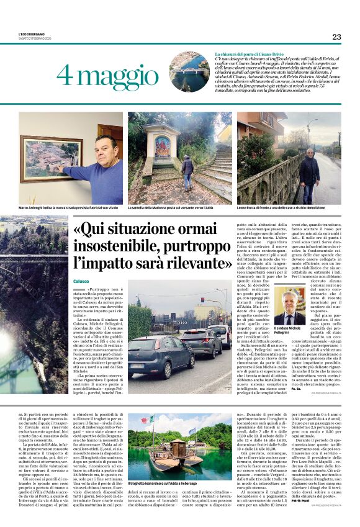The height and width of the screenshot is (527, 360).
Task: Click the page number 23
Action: (x=336, y=37)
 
